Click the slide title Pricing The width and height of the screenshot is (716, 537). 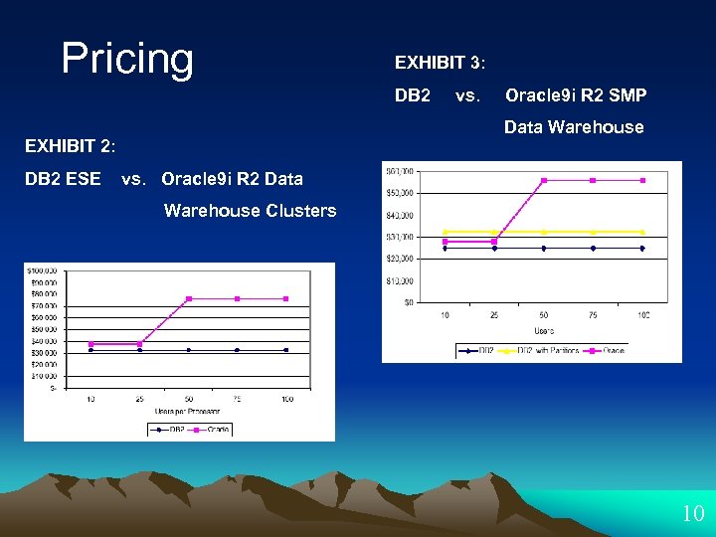pyautogui.click(x=127, y=59)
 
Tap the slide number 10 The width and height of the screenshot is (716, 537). pyautogui.click(x=692, y=514)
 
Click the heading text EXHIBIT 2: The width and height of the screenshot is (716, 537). pyautogui.click(x=71, y=147)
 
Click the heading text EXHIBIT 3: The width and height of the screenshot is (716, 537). pyautogui.click(x=440, y=63)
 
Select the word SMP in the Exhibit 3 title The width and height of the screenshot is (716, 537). pyautogui.click(x=628, y=95)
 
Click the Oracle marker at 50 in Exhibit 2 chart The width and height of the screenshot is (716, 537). pyautogui.click(x=189, y=298)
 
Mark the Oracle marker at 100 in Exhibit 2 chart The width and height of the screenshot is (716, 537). pyautogui.click(x=286, y=298)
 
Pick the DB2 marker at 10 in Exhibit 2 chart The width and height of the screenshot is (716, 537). pyautogui.click(x=91, y=350)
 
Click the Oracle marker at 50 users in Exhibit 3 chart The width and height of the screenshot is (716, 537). pyautogui.click(x=544, y=180)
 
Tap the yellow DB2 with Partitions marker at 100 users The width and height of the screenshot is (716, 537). pyautogui.click(x=642, y=232)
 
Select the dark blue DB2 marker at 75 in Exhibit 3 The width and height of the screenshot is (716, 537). pyautogui.click(x=593, y=249)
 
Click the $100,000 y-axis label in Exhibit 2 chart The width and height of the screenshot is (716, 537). pyautogui.click(x=41, y=270)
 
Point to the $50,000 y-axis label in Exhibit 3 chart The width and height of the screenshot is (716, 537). pyautogui.click(x=400, y=193)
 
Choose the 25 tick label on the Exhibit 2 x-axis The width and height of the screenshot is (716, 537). pyautogui.click(x=140, y=399)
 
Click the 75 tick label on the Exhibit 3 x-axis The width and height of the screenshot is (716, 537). pyautogui.click(x=593, y=315)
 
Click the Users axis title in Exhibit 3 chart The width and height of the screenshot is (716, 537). pyautogui.click(x=544, y=329)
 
